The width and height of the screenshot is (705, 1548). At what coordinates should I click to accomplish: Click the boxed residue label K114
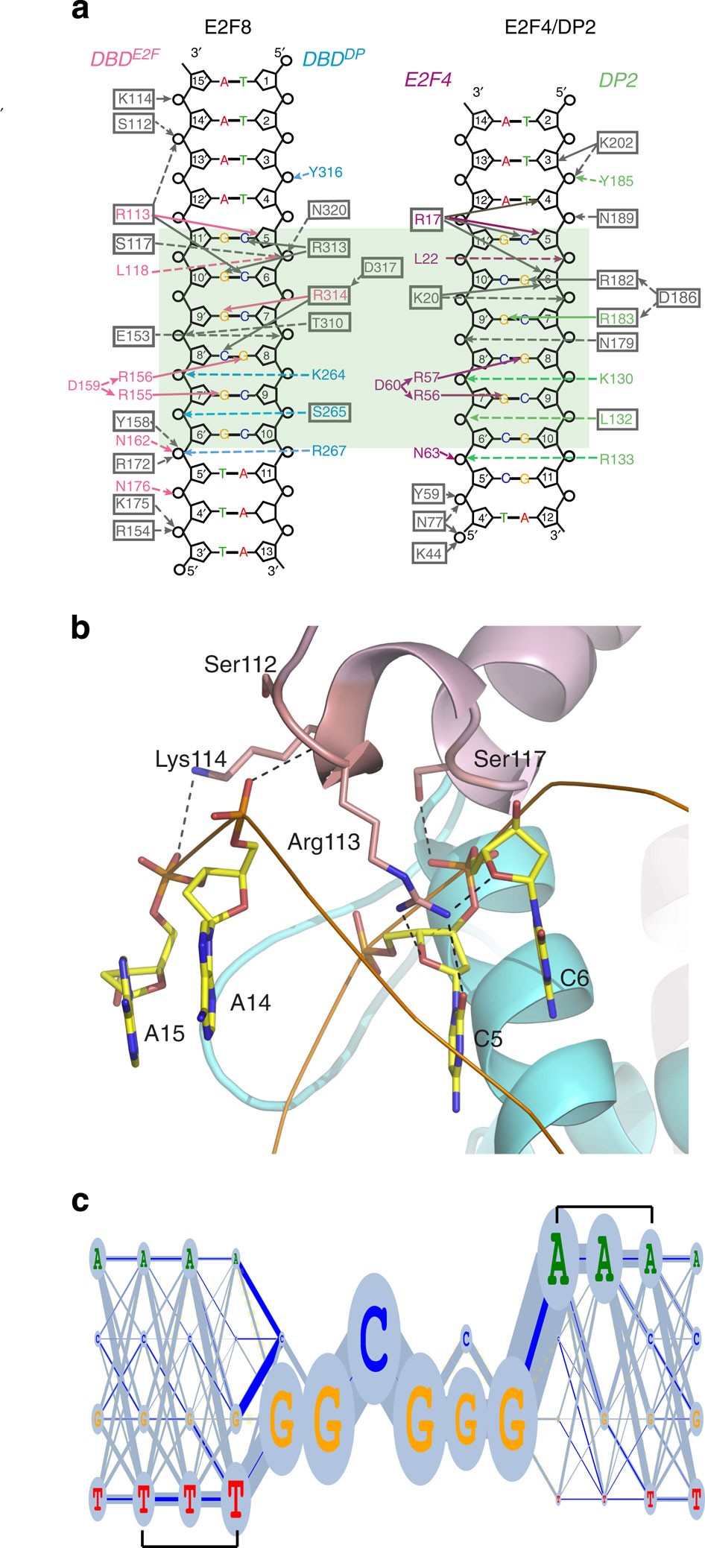point(134,98)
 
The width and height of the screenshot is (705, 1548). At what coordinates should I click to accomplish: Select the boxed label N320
point(329,210)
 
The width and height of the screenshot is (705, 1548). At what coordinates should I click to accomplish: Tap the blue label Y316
point(326,172)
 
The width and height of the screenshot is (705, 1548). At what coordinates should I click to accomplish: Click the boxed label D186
point(677,298)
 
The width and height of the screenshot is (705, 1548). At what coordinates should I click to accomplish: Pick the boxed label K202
point(616,142)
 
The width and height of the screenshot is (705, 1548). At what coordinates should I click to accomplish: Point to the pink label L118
point(132,271)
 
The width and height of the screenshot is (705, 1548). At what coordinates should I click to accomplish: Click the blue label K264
point(329,374)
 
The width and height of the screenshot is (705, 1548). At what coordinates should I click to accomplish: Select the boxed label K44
point(429,554)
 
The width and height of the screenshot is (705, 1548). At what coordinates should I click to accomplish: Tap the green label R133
point(616,459)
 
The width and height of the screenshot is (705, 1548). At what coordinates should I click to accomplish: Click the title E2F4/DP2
point(549,28)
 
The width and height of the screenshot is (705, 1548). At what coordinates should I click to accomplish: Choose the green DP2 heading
point(617,80)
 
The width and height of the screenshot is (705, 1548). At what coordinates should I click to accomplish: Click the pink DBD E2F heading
point(124,58)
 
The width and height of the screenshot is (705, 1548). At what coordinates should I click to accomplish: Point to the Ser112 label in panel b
point(240,664)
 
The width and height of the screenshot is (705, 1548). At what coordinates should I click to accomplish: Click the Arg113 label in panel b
point(323,842)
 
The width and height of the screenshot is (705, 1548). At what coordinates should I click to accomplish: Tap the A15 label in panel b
point(164,1033)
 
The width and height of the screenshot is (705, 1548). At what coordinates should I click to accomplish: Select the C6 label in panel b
point(574,978)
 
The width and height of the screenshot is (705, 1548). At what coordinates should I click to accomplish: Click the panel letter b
point(80,628)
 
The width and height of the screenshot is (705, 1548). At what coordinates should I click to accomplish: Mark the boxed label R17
point(428,219)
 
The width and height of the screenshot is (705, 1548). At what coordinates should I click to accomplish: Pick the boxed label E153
point(133,336)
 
